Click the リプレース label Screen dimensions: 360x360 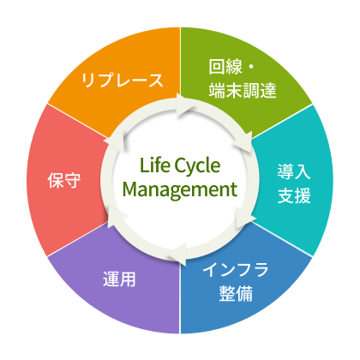click(x=122, y=81)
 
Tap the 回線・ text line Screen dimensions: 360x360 click(x=231, y=67)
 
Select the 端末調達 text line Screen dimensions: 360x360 click(x=243, y=90)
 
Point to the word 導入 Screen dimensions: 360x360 click(x=294, y=171)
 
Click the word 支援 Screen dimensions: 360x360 click(x=294, y=195)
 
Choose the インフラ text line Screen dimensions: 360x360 click(x=236, y=269)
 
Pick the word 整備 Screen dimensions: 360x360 click(x=236, y=294)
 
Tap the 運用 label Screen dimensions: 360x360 click(x=119, y=279)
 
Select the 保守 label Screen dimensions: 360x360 click(x=64, y=180)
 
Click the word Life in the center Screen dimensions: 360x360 click(x=153, y=165)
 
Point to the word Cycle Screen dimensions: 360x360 click(x=197, y=166)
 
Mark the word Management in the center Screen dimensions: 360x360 click(x=180, y=189)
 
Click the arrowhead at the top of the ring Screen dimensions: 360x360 click(x=185, y=105)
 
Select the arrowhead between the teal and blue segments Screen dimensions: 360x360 click(x=244, y=217)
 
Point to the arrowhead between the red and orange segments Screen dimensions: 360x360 click(x=114, y=141)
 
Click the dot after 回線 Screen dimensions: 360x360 click(x=251, y=67)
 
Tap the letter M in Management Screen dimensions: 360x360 click(x=129, y=189)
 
